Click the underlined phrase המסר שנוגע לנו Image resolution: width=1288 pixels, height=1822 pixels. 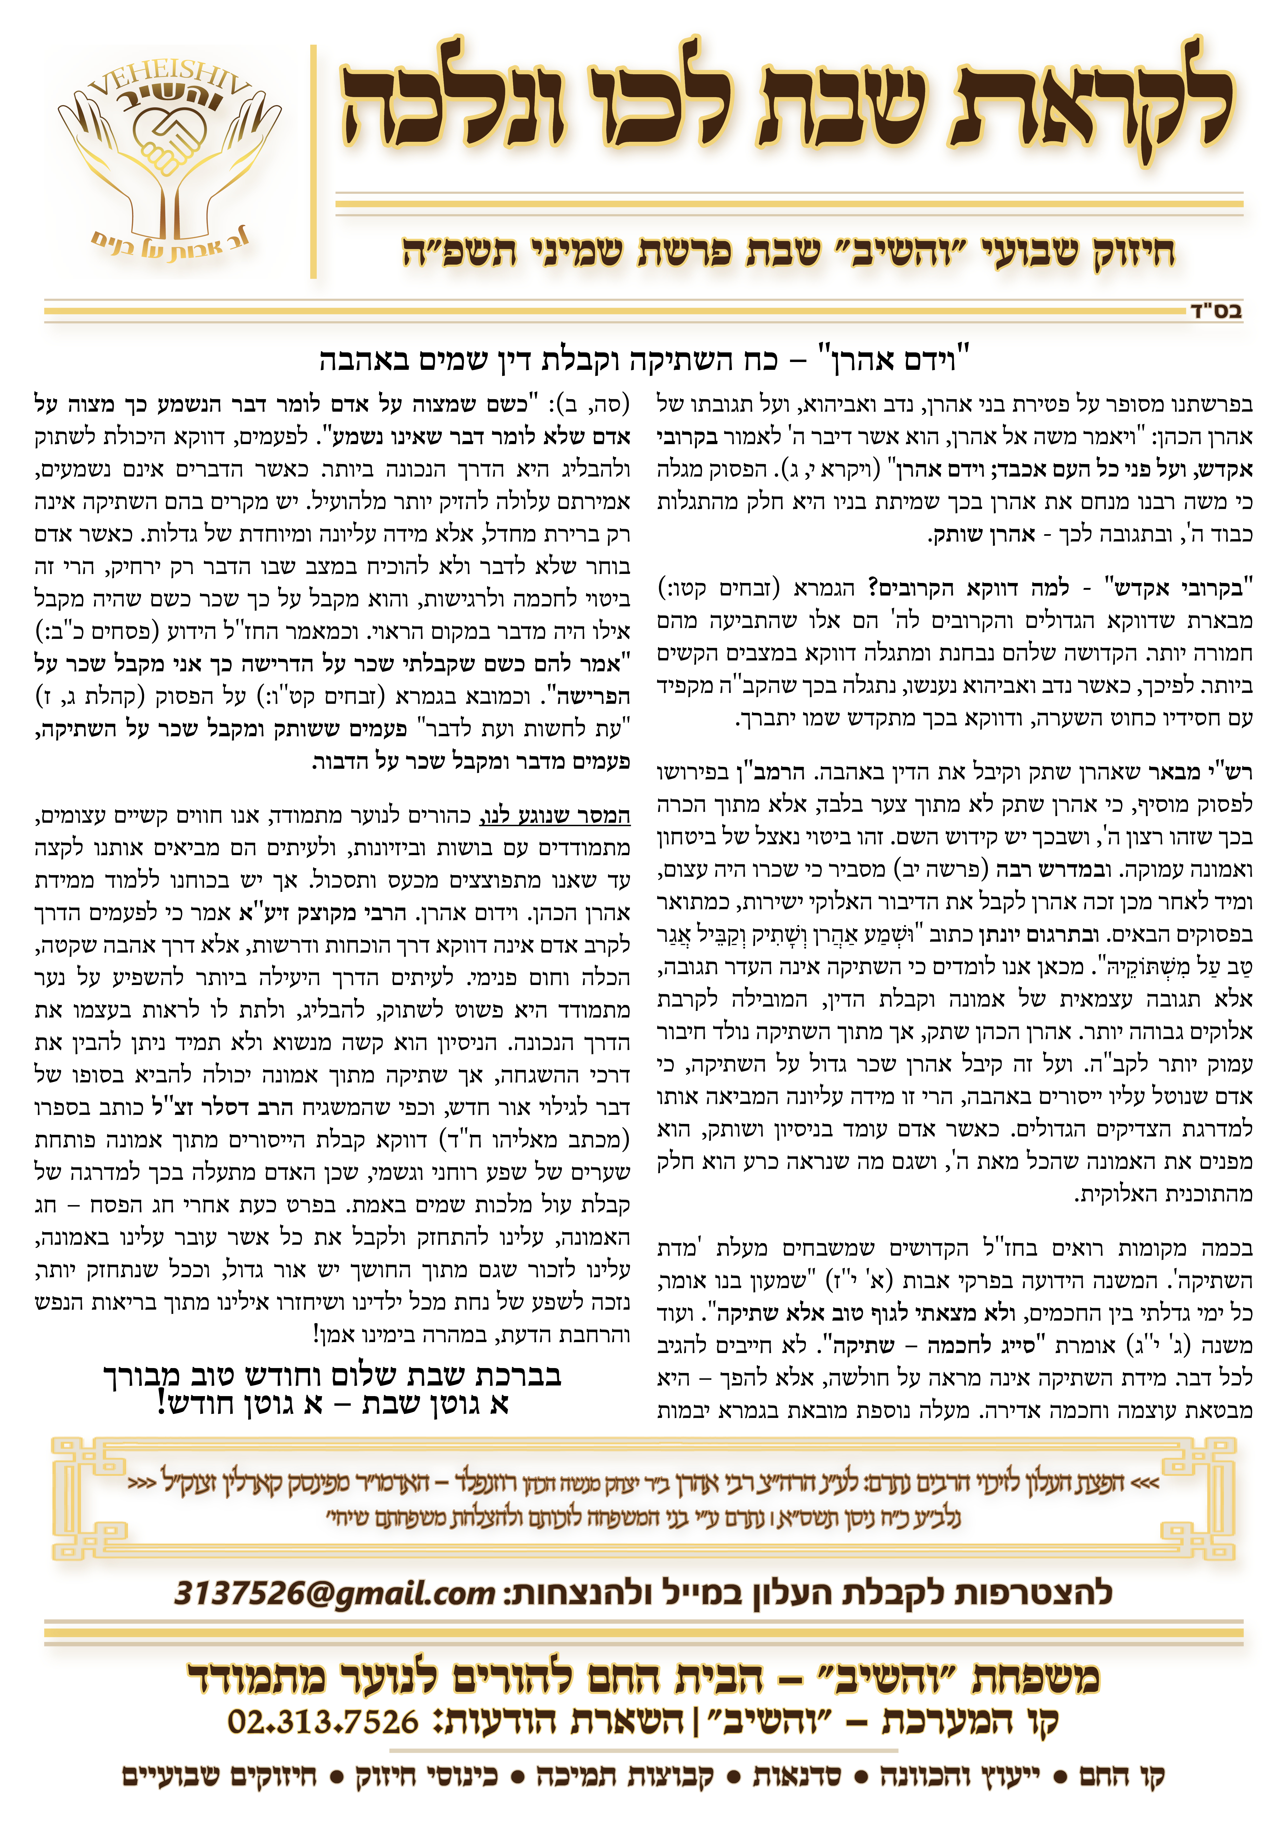point(556,816)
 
